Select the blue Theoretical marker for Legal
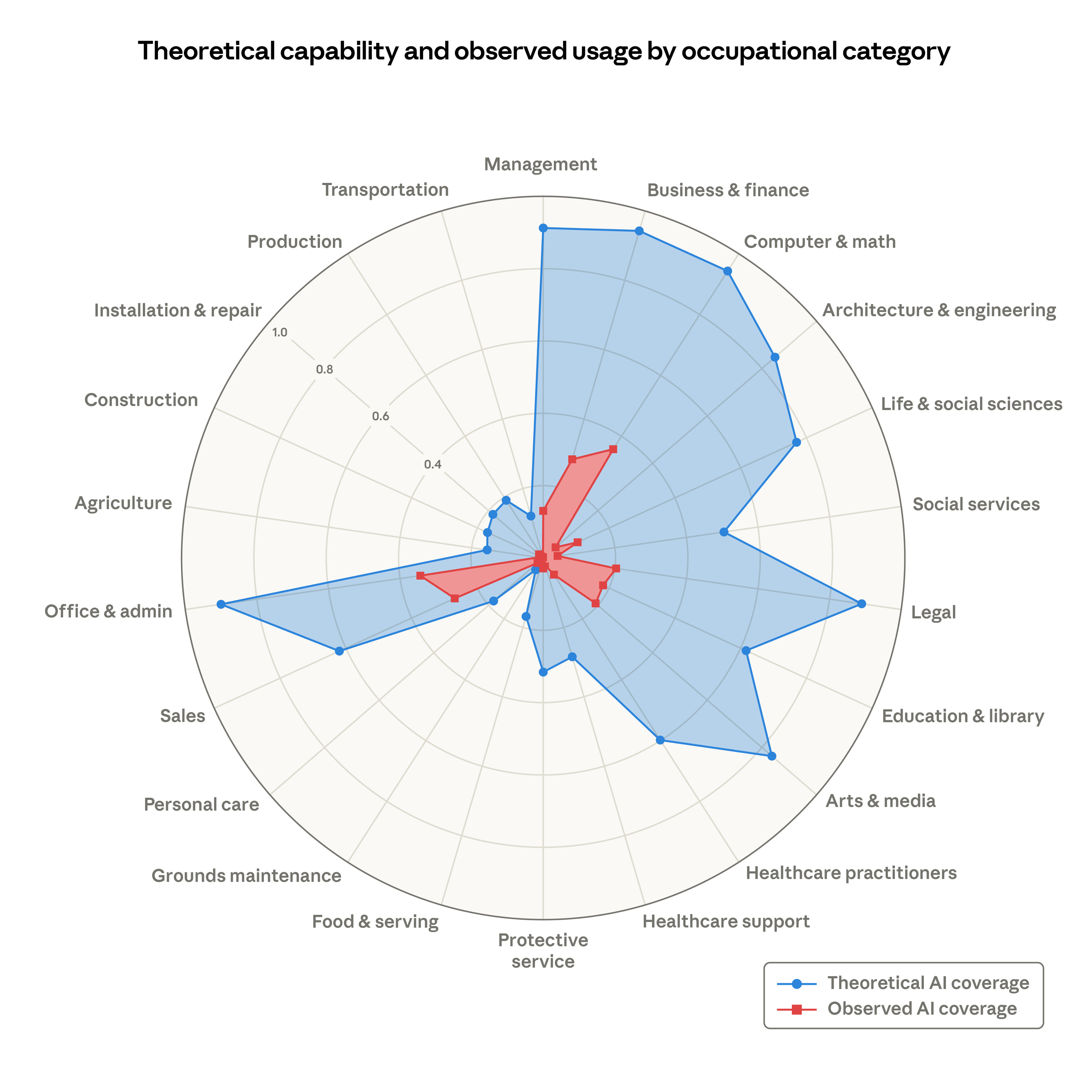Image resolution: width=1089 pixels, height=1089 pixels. coord(861,604)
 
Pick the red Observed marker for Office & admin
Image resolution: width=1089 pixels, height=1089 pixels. coord(420,576)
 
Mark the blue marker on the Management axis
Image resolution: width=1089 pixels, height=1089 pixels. coord(543,228)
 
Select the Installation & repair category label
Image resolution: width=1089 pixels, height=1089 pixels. coord(178,311)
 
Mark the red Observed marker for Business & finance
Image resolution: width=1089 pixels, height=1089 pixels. coord(572,459)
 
